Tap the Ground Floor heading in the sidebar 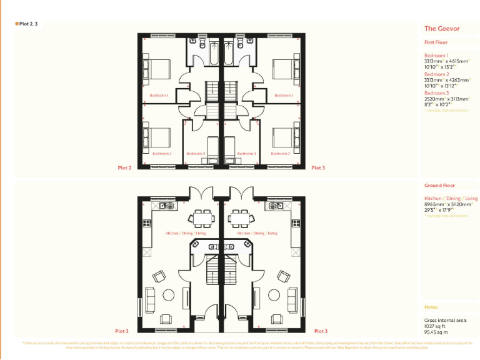point(439,186)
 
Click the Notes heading point(431,307)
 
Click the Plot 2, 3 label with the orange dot point(27,23)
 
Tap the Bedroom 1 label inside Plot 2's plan point(159,96)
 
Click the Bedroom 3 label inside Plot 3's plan point(247,153)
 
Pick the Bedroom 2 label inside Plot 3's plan point(280,153)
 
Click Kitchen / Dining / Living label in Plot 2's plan point(186,233)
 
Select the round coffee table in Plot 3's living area point(272,294)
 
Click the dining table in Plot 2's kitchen point(202,218)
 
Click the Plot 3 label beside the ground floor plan point(320,331)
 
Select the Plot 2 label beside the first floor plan point(124,167)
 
